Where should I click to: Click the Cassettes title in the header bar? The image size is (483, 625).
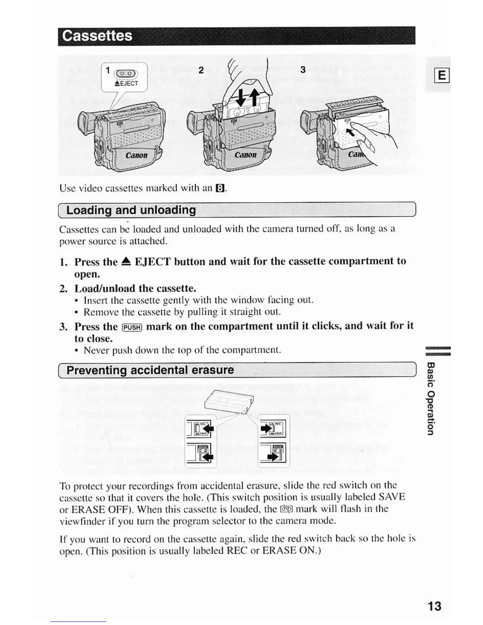(x=97, y=36)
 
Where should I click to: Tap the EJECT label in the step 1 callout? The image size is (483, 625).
(x=126, y=83)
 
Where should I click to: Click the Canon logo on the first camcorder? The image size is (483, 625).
(x=137, y=155)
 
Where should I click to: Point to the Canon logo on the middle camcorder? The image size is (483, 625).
(x=245, y=155)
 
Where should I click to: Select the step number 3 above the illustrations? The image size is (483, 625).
(x=303, y=70)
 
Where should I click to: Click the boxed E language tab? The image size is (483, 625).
(x=442, y=74)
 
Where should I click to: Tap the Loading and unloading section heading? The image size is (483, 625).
(x=131, y=210)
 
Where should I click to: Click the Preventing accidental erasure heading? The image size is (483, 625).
(x=150, y=370)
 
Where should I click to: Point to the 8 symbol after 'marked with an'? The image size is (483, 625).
(x=220, y=189)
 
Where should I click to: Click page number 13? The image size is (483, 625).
(x=434, y=606)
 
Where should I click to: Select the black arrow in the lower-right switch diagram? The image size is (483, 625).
(x=271, y=457)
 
